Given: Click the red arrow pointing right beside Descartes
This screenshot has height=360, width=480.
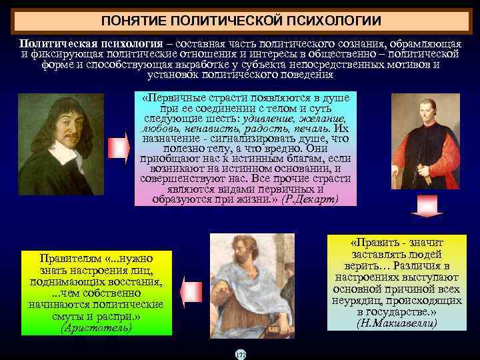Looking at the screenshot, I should (117, 147).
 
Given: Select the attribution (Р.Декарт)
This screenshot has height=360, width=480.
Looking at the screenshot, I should (310, 199).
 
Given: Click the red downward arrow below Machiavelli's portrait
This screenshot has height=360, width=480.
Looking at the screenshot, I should (421, 205).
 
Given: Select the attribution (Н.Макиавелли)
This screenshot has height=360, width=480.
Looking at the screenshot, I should (397, 323).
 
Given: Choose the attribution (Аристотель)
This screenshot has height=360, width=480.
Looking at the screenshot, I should (96, 327).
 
